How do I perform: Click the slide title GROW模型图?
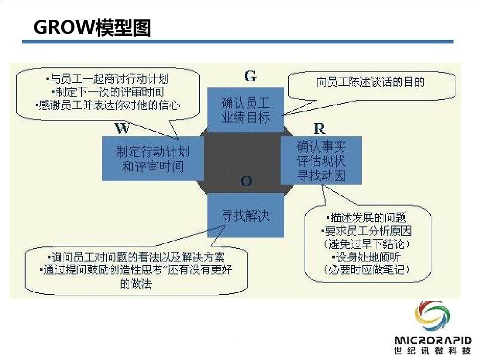click(92, 27)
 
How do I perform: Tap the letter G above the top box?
click(250, 76)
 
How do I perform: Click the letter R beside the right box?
click(320, 129)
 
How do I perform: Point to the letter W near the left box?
click(122, 128)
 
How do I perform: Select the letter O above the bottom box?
click(246, 181)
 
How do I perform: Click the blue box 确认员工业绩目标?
click(245, 110)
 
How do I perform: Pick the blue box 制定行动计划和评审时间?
click(153, 159)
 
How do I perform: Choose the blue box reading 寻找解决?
click(245, 215)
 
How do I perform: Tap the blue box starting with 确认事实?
click(321, 161)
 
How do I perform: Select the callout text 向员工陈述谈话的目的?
click(370, 82)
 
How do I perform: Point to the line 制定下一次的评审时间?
click(108, 92)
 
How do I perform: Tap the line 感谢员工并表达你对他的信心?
click(107, 105)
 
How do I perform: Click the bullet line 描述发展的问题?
click(366, 218)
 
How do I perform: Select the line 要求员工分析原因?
click(366, 231)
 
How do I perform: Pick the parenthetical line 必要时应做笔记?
click(366, 269)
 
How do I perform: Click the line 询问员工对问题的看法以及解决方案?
click(136, 257)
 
